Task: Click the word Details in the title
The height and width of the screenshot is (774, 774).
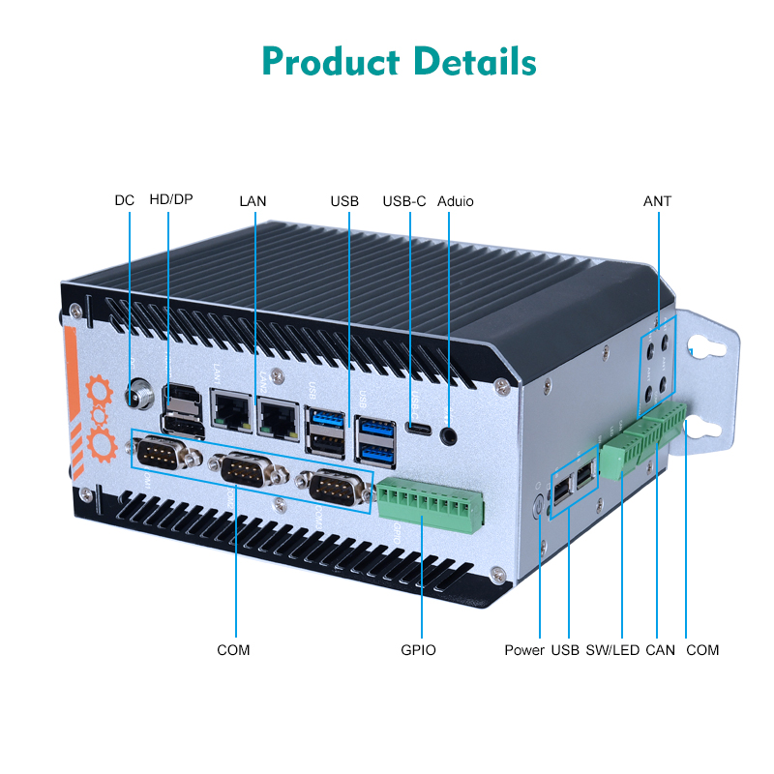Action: (475, 61)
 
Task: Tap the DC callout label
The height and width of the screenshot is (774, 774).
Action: (125, 201)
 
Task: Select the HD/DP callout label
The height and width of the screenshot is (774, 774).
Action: (171, 201)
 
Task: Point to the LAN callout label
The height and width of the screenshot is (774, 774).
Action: (253, 201)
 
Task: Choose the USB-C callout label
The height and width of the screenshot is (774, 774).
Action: (404, 201)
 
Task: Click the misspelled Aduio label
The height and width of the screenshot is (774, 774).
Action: (456, 201)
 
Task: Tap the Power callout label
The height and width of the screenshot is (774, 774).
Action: (524, 650)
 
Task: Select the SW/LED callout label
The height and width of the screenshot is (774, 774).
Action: (612, 650)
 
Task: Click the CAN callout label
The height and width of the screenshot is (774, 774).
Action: (660, 650)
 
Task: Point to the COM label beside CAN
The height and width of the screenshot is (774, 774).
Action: (702, 650)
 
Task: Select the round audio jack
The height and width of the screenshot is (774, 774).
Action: (449, 435)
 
